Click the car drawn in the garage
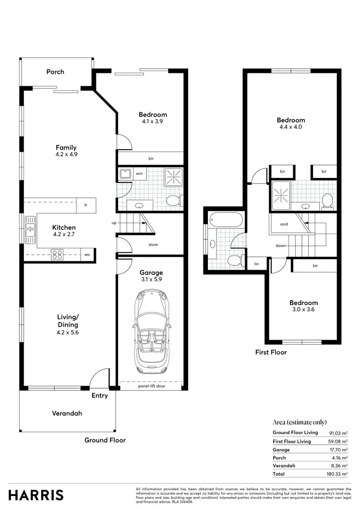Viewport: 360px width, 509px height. tap(150, 331)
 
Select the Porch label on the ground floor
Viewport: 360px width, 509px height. tap(55, 72)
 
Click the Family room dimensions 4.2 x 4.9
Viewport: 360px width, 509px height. tap(66, 154)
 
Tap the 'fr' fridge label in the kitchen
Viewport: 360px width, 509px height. tap(85, 205)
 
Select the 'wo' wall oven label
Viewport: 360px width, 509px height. tap(87, 254)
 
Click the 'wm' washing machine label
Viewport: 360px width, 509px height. tap(139, 173)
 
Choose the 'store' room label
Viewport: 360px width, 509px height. tap(153, 245)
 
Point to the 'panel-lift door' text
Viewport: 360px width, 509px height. tap(151, 386)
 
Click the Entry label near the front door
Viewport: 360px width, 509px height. tap(100, 396)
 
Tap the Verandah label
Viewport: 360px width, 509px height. tap(67, 413)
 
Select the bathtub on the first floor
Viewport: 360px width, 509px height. tap(226, 220)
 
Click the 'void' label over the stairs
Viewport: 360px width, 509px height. tap(284, 224)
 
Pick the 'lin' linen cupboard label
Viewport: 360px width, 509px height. tap(256, 264)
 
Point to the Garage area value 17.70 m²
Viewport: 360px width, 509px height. tap(339, 450)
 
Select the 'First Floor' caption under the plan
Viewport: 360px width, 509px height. tap(271, 352)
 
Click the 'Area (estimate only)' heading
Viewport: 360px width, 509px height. tap(294, 422)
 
